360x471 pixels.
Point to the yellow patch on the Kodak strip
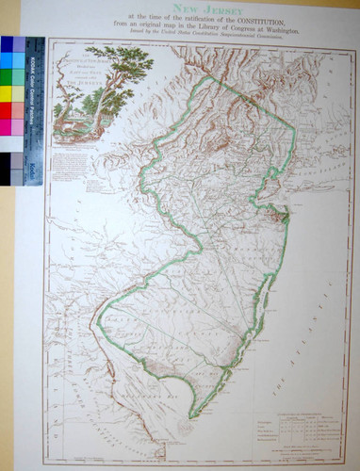pyautogui.click(x=7, y=93)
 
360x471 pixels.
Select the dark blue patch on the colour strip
pyautogui.click(x=7, y=44)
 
